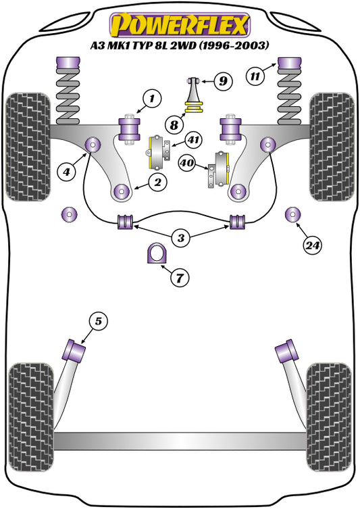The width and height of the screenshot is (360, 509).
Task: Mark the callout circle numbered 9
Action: pos(223,82)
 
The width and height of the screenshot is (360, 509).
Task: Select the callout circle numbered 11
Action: pos(254,76)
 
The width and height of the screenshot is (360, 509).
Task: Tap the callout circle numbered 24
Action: pos(311,245)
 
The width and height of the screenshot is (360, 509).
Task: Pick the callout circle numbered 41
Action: pos(193,141)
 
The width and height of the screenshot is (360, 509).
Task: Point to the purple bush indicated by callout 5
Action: pos(74,351)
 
